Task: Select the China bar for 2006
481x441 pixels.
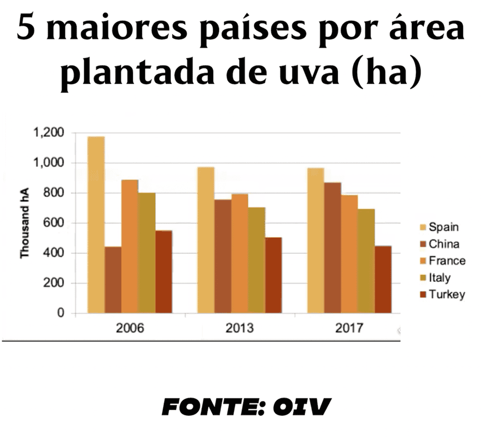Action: [x=113, y=280]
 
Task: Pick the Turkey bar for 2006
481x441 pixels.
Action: [x=164, y=271]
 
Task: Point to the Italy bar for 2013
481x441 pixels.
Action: [x=256, y=260]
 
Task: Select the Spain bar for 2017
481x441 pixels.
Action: [x=315, y=240]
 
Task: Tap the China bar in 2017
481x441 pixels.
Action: [x=333, y=247]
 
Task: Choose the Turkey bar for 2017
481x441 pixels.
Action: [x=383, y=279]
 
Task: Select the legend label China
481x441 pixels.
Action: [x=444, y=244]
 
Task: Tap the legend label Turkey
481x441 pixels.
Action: [x=447, y=294]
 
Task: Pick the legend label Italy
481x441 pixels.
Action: [x=440, y=278]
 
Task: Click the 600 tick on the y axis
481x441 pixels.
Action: [x=55, y=223]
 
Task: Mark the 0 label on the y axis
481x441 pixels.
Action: [x=62, y=313]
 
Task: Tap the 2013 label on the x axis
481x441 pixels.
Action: [x=240, y=328]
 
